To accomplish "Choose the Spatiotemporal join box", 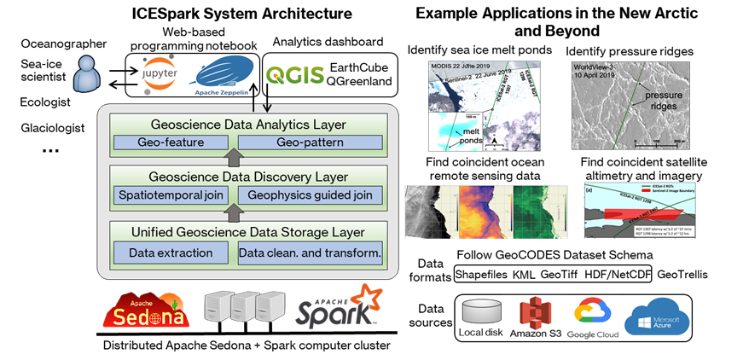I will tap(171, 196).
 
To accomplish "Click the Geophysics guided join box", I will tap(309, 196).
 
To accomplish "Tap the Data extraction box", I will tap(171, 253).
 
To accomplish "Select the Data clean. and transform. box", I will tap(309, 253).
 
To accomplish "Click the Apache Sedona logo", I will tap(146, 311).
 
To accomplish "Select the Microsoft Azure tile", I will tap(657, 316).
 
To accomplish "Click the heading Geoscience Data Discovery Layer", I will tap(248, 177).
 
